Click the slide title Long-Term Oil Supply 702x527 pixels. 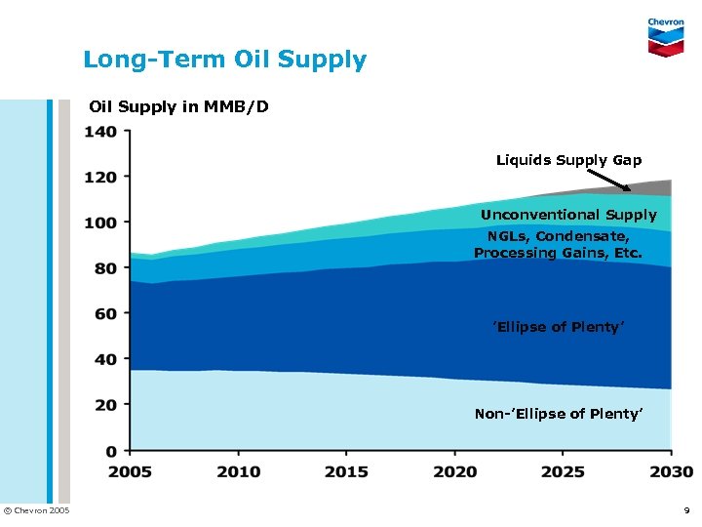click(x=224, y=60)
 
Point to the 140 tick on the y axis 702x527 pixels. click(x=100, y=132)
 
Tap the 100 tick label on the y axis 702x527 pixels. click(x=100, y=223)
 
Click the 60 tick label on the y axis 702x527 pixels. click(x=105, y=314)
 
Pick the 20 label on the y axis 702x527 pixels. click(x=105, y=405)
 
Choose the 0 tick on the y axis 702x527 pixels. click(x=111, y=451)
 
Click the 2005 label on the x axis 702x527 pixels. click(x=130, y=471)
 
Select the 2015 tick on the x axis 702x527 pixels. click(x=346, y=471)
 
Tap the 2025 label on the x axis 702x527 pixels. click(x=564, y=471)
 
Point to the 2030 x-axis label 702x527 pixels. click(x=670, y=471)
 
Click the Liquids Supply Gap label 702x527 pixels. click(x=568, y=159)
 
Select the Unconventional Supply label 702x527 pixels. click(x=568, y=215)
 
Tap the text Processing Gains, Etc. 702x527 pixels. click(x=558, y=253)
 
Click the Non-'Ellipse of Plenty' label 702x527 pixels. click(x=558, y=414)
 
